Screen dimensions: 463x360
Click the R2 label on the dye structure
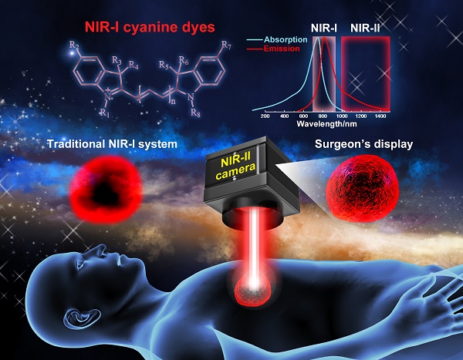[x=74, y=45]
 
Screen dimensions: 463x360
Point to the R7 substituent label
[x=226, y=45]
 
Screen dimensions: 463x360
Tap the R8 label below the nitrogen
[x=195, y=113]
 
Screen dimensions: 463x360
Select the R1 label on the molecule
[x=104, y=113]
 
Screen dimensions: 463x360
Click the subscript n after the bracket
[x=173, y=101]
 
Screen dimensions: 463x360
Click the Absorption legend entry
[x=286, y=39]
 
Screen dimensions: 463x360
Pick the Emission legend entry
[x=282, y=49]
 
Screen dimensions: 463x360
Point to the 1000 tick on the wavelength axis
[x=342, y=116]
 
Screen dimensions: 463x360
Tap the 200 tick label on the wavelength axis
[x=265, y=116]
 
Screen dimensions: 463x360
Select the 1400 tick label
[x=380, y=116]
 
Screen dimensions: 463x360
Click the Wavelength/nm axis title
[x=326, y=123]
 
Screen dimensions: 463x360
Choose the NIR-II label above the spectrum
[x=365, y=29]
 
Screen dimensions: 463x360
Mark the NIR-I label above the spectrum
[x=324, y=29]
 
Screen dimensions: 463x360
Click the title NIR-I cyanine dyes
[x=150, y=27]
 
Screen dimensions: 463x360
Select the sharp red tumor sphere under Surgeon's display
[x=363, y=188]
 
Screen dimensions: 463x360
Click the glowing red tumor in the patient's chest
[x=252, y=291]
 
